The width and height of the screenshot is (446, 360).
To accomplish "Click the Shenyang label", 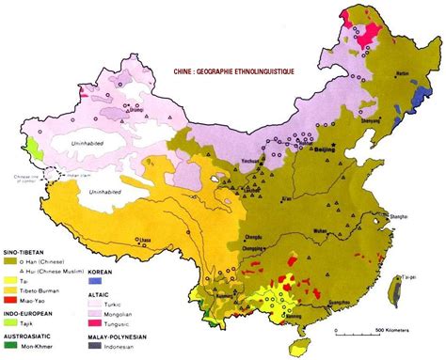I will tap(373, 120).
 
